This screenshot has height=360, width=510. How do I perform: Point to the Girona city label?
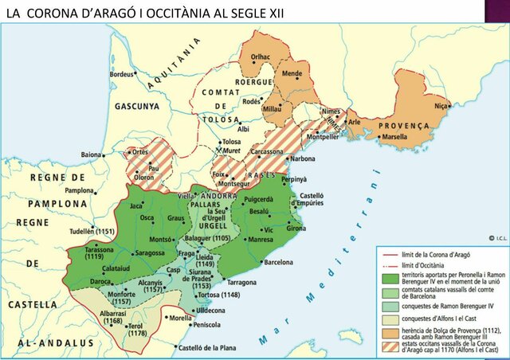click(296, 229)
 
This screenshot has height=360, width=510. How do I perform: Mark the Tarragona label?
click(242, 283)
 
